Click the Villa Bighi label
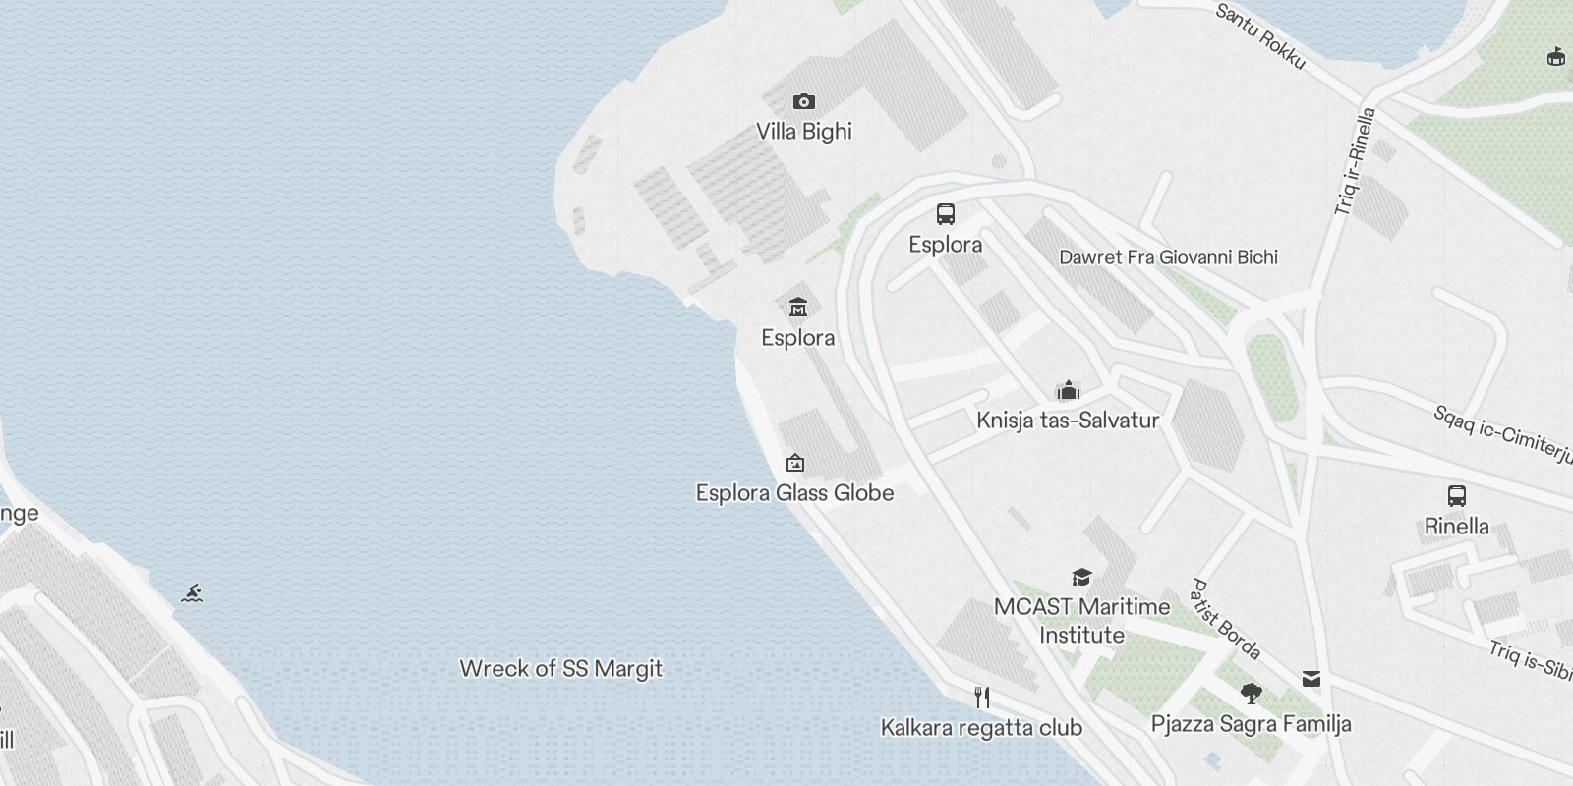[803, 132]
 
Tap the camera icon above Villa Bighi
[803, 101]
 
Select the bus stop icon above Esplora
[945, 214]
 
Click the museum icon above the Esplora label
[797, 307]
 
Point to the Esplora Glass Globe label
[794, 493]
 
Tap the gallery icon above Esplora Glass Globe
[794, 463]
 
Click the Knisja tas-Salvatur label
[1068, 421]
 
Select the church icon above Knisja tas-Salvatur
[1068, 390]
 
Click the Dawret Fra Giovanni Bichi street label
[1168, 257]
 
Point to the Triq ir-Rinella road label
[1355, 161]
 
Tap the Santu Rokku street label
[1260, 36]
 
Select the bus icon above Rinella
[1456, 496]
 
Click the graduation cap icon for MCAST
[1081, 577]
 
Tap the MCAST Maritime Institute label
[1081, 620]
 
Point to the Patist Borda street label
[1225, 619]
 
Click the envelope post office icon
[1311, 679]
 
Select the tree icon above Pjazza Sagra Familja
[1251, 694]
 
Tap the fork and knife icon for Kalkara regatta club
[981, 698]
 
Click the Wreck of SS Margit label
[561, 669]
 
